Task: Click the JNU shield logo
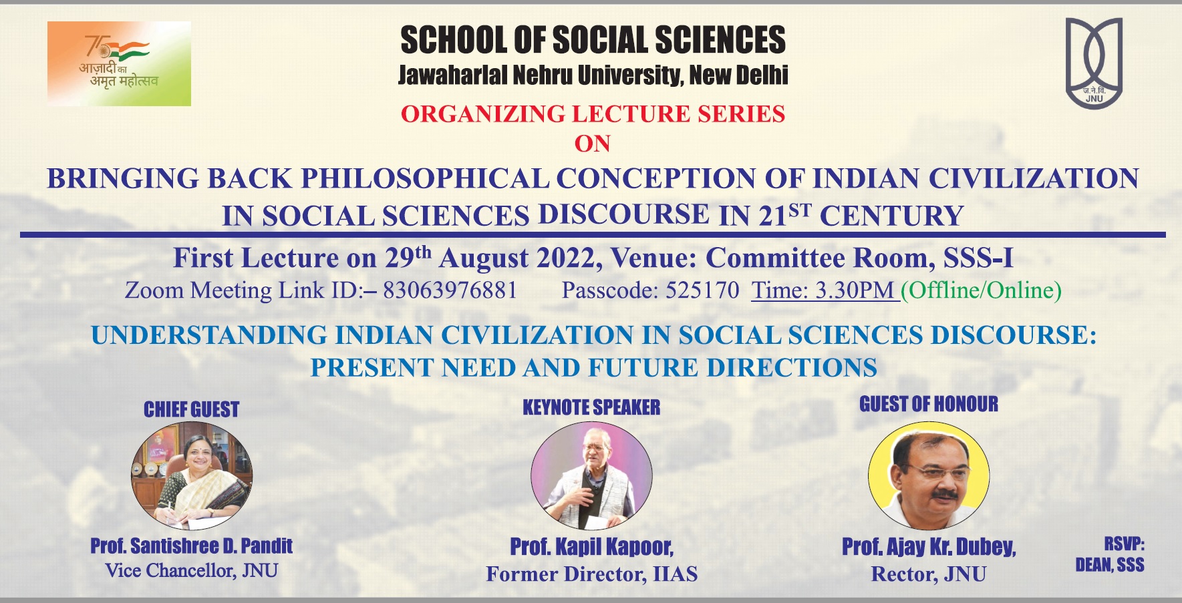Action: [x=1094, y=63]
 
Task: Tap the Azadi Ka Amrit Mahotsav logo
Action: [x=119, y=63]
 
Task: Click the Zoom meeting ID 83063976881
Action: [x=450, y=290]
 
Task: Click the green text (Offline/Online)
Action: [x=981, y=290]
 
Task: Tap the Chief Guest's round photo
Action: [x=192, y=475]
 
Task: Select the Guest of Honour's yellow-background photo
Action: [x=929, y=475]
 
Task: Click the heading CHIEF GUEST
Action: [x=192, y=409]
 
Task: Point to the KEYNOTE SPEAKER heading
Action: [x=591, y=407]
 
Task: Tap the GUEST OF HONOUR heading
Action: [x=929, y=404]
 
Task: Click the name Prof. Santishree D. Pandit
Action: [x=192, y=546]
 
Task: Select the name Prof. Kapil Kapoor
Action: [x=591, y=547]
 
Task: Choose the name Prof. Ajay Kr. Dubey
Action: [x=929, y=547]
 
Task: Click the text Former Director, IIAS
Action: [x=591, y=574]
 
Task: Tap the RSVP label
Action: [x=1124, y=544]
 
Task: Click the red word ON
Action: [x=593, y=144]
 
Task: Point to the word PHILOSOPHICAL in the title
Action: [x=425, y=179]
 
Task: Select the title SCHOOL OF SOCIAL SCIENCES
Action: [x=593, y=40]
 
